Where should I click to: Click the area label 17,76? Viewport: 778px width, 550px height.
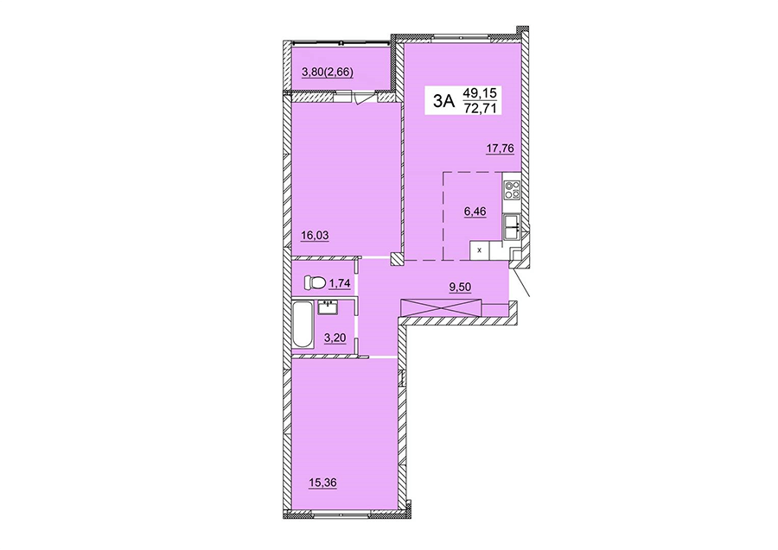(500, 149)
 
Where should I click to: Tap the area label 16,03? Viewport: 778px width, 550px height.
(315, 236)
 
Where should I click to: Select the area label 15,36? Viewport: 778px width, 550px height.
(322, 482)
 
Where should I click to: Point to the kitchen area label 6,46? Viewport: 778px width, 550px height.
(475, 212)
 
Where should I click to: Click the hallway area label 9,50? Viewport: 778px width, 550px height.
(460, 287)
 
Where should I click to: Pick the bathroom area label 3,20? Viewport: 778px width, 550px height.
(335, 338)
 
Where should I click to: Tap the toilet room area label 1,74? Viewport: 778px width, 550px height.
(340, 283)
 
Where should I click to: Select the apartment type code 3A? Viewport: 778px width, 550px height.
(443, 101)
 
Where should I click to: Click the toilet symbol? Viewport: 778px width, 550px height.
(314, 283)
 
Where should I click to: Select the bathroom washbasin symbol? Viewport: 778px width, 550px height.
(328, 307)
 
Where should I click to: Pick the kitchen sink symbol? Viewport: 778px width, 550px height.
(512, 229)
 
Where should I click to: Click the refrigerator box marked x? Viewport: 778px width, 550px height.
(479, 250)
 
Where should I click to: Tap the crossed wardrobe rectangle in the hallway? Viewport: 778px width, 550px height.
(441, 307)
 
